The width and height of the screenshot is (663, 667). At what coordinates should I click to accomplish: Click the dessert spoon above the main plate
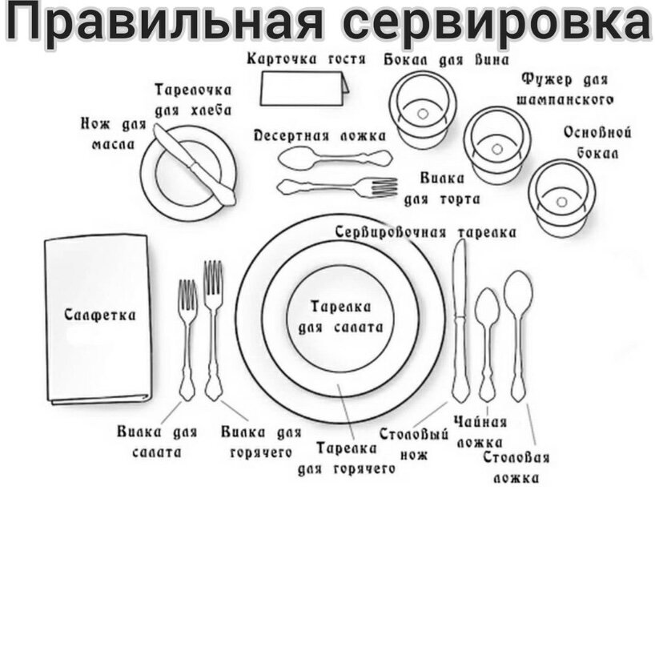pyautogui.click(x=333, y=157)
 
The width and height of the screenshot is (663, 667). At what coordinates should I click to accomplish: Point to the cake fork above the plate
pyautogui.click(x=336, y=187)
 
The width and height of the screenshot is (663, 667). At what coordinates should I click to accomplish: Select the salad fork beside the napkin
pyautogui.click(x=187, y=336)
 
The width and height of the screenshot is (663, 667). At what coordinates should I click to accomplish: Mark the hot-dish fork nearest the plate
pyautogui.click(x=213, y=328)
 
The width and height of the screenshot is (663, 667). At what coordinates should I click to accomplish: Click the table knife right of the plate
pyautogui.click(x=460, y=320)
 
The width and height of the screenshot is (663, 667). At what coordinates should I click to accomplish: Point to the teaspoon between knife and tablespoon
pyautogui.click(x=487, y=340)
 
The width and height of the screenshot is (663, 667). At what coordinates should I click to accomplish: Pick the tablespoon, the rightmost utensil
pyautogui.click(x=519, y=328)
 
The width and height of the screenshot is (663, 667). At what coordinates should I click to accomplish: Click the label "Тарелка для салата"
pyautogui.click(x=340, y=317)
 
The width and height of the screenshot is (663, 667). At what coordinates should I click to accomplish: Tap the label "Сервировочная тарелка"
pyautogui.click(x=425, y=232)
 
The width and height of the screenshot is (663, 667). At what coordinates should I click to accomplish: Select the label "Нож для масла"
pyautogui.click(x=113, y=135)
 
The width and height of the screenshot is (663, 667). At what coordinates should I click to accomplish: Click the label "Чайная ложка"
pyautogui.click(x=480, y=432)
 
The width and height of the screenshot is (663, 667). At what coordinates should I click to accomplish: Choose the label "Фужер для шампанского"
pyautogui.click(x=565, y=89)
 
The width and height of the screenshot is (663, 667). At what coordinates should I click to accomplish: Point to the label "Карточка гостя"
pyautogui.click(x=307, y=59)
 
